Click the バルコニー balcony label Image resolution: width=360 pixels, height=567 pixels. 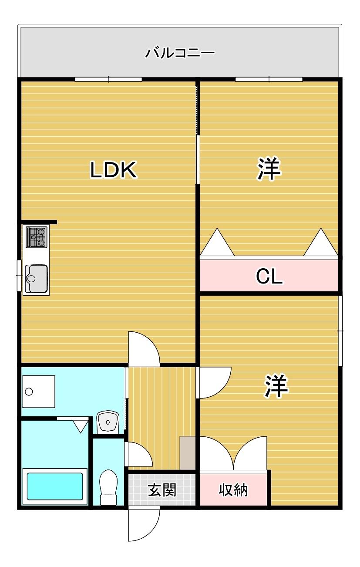pos(180,54)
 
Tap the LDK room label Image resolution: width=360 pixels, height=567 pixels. pos(114,170)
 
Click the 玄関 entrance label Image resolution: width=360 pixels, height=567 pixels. pos(162,490)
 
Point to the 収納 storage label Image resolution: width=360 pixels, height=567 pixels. pos(233,490)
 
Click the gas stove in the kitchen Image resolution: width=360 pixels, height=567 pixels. pos(37,237)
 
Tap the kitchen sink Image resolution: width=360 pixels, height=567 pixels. pos(37,279)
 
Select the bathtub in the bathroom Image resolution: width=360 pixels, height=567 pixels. pos(55,486)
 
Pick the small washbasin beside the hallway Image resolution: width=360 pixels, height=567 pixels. pos(108,422)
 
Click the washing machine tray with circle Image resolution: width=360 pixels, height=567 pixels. pos(39,391)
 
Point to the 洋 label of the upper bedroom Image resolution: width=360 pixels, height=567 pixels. pos(269,169)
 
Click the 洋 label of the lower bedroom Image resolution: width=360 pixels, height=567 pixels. pos(276,386)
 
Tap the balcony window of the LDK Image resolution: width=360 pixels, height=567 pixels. pos(108,79)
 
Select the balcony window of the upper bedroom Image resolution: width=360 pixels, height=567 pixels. pos(269,79)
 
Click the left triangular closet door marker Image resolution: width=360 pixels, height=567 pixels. pos(217,243)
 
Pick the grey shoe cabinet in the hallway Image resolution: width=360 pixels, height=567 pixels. pos(188,453)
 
